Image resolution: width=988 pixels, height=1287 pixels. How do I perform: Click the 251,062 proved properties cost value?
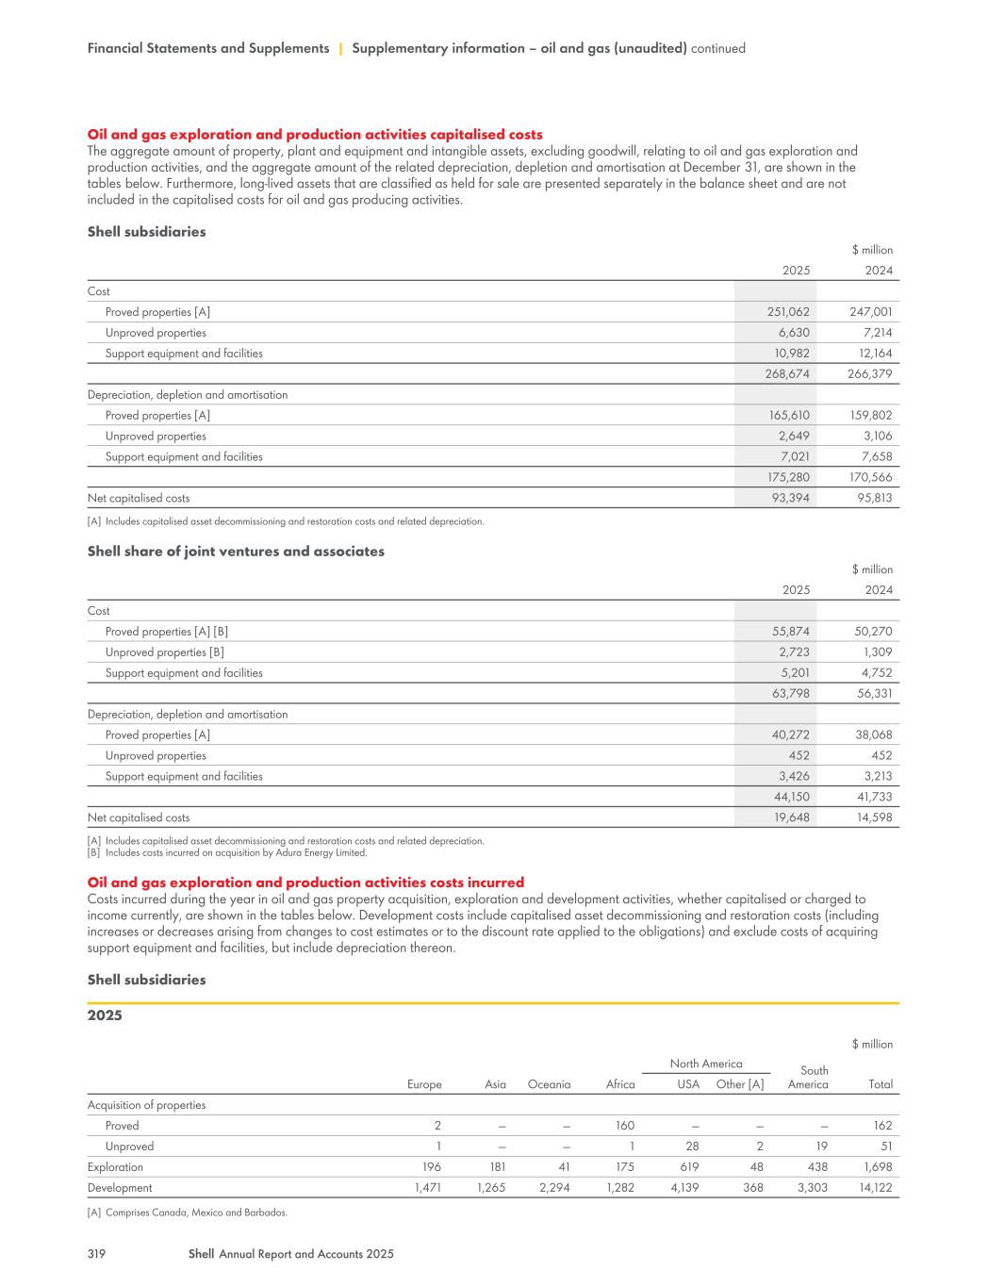click(x=790, y=312)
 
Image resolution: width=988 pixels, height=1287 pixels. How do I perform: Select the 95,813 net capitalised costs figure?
click(x=873, y=498)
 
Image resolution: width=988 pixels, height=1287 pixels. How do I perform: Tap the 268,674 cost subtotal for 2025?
click(x=790, y=374)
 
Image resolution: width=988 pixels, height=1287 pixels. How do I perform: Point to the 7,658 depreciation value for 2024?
click(x=876, y=456)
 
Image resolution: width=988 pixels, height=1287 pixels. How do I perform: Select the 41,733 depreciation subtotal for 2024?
click(x=873, y=797)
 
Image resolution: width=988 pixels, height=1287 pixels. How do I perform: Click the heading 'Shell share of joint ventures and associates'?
click(x=236, y=552)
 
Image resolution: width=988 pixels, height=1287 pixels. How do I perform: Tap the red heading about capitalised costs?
click(x=315, y=135)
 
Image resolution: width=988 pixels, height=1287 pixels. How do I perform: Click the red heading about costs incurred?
click(x=305, y=883)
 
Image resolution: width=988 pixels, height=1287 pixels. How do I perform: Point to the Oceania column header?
click(x=549, y=1084)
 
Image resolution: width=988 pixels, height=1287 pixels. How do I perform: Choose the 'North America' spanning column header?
click(x=705, y=1064)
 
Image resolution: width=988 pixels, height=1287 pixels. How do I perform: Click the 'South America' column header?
click(x=809, y=1078)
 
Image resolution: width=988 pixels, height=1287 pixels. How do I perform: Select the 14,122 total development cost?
click(x=873, y=1188)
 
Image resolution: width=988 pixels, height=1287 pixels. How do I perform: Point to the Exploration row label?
click(x=115, y=1167)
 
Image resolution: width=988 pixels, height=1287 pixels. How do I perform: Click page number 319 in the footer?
click(x=95, y=1254)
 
